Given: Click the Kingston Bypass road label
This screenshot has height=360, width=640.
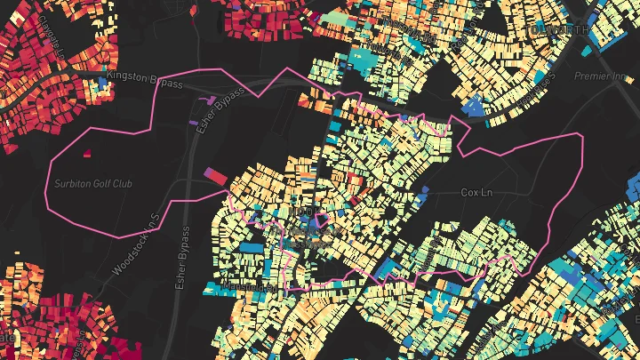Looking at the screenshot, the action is click(149, 84).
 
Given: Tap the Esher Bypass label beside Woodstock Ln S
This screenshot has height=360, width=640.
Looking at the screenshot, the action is click(183, 258).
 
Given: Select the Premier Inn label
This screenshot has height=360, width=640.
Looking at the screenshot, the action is click(601, 77).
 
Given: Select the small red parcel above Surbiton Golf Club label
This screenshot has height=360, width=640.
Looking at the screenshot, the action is click(88, 154).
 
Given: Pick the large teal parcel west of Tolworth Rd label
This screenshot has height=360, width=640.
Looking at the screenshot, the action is click(365, 59).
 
